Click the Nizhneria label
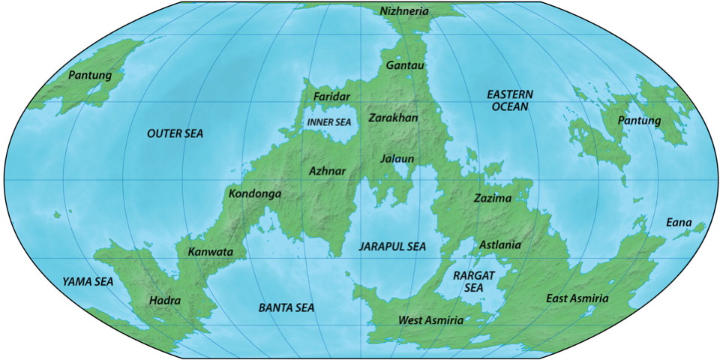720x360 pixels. (405, 11)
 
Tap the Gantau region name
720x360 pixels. (405, 66)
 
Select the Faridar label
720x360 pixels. (331, 98)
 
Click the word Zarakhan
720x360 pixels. (393, 118)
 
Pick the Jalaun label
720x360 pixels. (397, 159)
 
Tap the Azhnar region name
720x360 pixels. (328, 171)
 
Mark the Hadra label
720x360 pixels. (165, 300)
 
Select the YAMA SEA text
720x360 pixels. (87, 282)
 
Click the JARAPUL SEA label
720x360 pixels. (391, 246)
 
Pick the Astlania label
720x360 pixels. (499, 244)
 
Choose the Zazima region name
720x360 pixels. (492, 199)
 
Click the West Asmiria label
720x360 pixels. (430, 320)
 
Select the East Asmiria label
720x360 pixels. (577, 299)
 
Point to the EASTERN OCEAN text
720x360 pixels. (509, 100)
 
